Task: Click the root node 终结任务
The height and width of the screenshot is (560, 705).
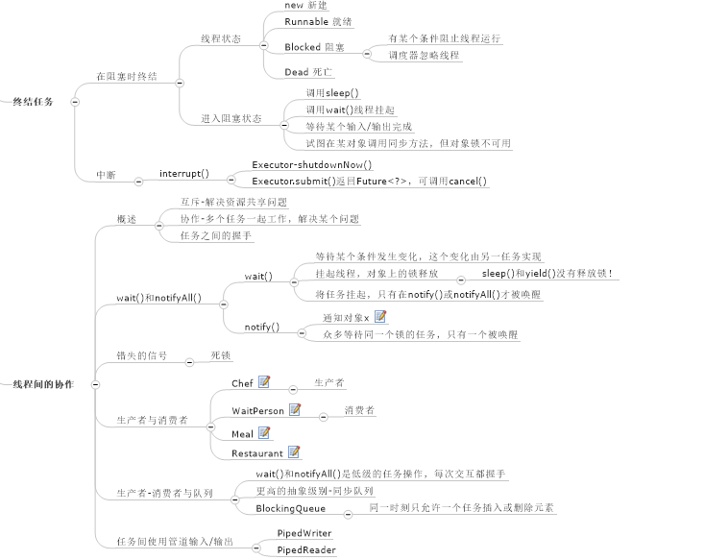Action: [x=33, y=100]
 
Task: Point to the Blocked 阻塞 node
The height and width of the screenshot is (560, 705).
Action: [x=315, y=46]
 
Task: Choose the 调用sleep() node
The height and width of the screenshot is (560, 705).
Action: [x=332, y=92]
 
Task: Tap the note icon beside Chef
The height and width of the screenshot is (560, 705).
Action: [x=265, y=382]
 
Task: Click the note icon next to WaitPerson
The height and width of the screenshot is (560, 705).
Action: [x=296, y=409]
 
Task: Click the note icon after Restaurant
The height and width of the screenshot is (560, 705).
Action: [x=295, y=451]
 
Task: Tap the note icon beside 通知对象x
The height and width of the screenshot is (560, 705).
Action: [x=380, y=316]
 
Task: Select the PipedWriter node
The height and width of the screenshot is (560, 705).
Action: [x=304, y=532]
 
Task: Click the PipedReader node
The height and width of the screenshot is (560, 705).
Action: [x=305, y=549]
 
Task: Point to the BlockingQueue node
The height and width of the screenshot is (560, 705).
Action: [x=291, y=508]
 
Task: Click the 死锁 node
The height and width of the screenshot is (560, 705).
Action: [x=220, y=354]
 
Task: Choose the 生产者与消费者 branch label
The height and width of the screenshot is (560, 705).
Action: [x=152, y=421]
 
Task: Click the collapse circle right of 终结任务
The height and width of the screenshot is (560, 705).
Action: [x=75, y=100]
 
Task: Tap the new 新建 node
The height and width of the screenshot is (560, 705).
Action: [x=307, y=5]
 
